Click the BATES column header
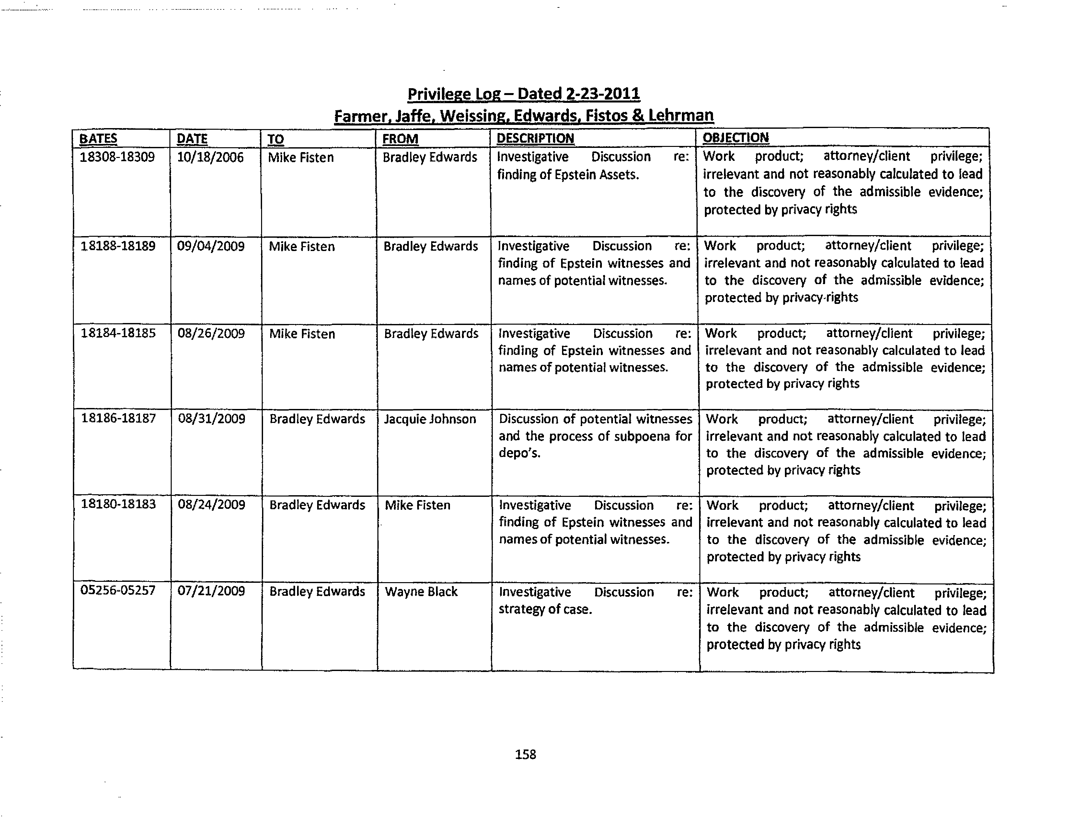pos(98,139)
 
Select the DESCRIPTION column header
pos(535,138)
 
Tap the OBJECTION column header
pos(735,138)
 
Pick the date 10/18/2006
pos(210,157)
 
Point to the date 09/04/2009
pos(211,246)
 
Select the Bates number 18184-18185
pos(118,333)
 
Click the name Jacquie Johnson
pos(430,419)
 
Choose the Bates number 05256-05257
pos(118,590)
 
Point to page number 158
pos(525,754)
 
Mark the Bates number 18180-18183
pos(118,504)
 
